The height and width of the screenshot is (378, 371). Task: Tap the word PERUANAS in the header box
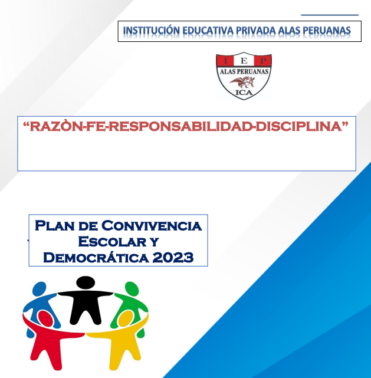[x=326, y=31]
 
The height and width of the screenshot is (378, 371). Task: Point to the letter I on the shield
[x=226, y=61]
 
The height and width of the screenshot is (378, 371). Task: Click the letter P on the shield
[x=263, y=61]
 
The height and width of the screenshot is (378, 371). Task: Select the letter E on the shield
[x=244, y=61]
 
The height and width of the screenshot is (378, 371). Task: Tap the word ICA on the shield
[x=244, y=93]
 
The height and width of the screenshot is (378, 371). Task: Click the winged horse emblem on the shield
[x=242, y=82]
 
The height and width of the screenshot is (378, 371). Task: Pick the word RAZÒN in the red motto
[x=56, y=126]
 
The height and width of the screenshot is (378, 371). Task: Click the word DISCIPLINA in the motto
[x=299, y=126]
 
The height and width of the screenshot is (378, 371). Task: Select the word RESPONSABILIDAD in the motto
[x=179, y=126]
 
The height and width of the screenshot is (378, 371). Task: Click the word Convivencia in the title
[x=152, y=226]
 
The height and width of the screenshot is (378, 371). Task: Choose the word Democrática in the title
[x=96, y=257]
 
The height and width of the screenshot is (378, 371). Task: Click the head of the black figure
[x=86, y=282]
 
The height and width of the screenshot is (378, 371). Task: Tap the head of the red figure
[x=46, y=318]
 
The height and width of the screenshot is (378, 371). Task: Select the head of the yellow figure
[x=126, y=318]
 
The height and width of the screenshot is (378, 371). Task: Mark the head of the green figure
[x=132, y=288]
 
